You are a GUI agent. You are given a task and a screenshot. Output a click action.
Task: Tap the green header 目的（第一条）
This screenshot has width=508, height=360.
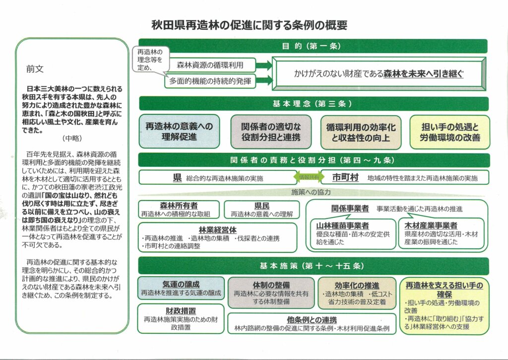313,46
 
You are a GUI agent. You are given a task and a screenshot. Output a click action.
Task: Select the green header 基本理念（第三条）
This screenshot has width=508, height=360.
313,104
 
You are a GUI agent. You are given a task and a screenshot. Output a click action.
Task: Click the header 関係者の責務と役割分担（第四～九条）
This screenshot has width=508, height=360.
313,160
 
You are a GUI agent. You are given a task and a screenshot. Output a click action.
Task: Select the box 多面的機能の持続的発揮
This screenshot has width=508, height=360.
210,80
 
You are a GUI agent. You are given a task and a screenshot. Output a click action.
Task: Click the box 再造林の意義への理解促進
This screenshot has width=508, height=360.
179,132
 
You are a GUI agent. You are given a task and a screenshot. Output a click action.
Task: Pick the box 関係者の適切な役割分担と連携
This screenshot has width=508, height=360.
271,132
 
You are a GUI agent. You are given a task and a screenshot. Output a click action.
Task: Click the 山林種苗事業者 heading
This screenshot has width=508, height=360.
343,226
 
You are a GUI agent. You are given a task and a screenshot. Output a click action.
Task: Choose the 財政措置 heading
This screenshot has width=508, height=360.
180,311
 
